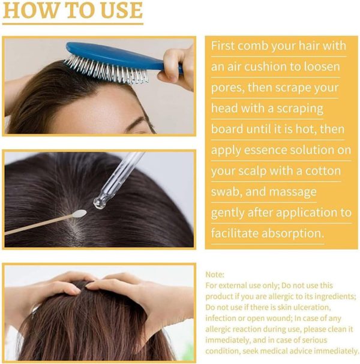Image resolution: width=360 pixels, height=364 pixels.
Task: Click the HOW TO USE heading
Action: pos(73,11)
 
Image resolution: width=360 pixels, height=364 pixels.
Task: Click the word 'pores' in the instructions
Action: pos(229,88)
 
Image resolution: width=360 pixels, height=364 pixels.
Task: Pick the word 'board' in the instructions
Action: pos(227,130)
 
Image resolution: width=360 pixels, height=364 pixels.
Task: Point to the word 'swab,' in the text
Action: pos(227,192)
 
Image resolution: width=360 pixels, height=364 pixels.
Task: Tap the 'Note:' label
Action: pos(215,275)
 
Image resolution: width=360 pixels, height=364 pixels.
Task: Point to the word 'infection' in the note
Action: pos(223,318)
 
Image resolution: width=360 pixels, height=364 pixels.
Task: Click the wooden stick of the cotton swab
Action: pos(36,227)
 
